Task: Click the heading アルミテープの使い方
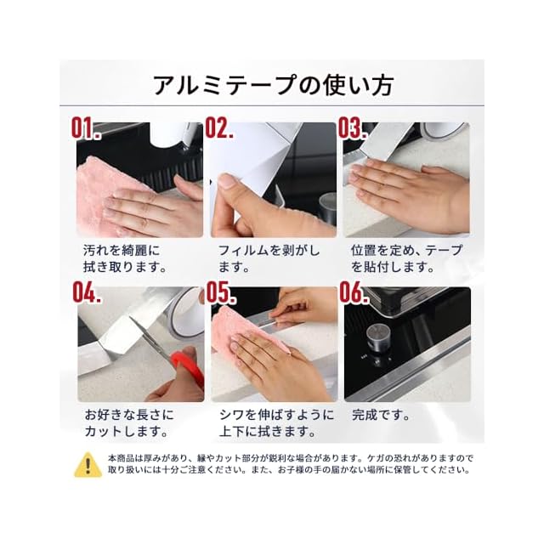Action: [273, 85]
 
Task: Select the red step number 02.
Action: [219, 127]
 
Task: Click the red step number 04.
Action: [87, 292]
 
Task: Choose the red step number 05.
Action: [221, 292]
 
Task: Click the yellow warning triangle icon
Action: [88, 465]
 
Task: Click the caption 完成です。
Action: [381, 415]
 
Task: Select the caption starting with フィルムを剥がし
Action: [269, 258]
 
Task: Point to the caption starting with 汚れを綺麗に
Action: [125, 258]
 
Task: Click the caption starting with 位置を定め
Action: [406, 258]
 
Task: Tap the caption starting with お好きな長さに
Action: [128, 423]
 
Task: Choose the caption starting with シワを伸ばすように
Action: [276, 423]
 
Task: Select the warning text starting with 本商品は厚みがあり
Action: [290, 464]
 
